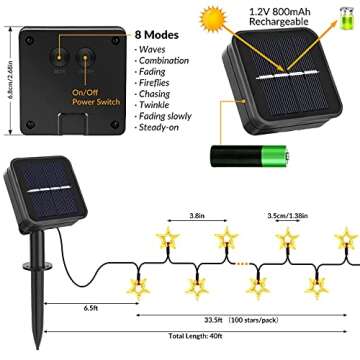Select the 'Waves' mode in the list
tap(152, 47)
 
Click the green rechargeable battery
tap(249, 153)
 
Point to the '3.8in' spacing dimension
tap(198, 213)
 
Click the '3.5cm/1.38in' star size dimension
tap(307, 213)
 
